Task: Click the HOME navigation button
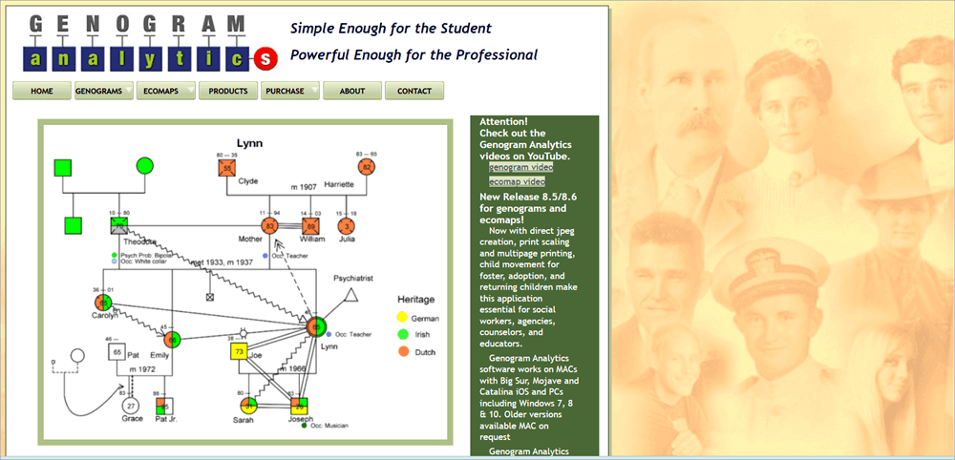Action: click(41, 91)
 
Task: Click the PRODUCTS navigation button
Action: click(228, 91)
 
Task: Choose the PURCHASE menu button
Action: click(289, 91)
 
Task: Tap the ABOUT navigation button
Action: click(352, 91)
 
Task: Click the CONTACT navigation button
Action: click(414, 91)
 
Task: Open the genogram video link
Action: click(520, 168)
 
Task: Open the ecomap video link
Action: click(517, 181)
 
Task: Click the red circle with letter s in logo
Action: click(265, 59)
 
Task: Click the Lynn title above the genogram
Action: click(249, 143)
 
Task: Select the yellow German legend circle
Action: click(403, 316)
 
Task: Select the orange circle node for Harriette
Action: click(365, 167)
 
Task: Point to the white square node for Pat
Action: click(117, 352)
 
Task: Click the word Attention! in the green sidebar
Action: click(503, 122)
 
